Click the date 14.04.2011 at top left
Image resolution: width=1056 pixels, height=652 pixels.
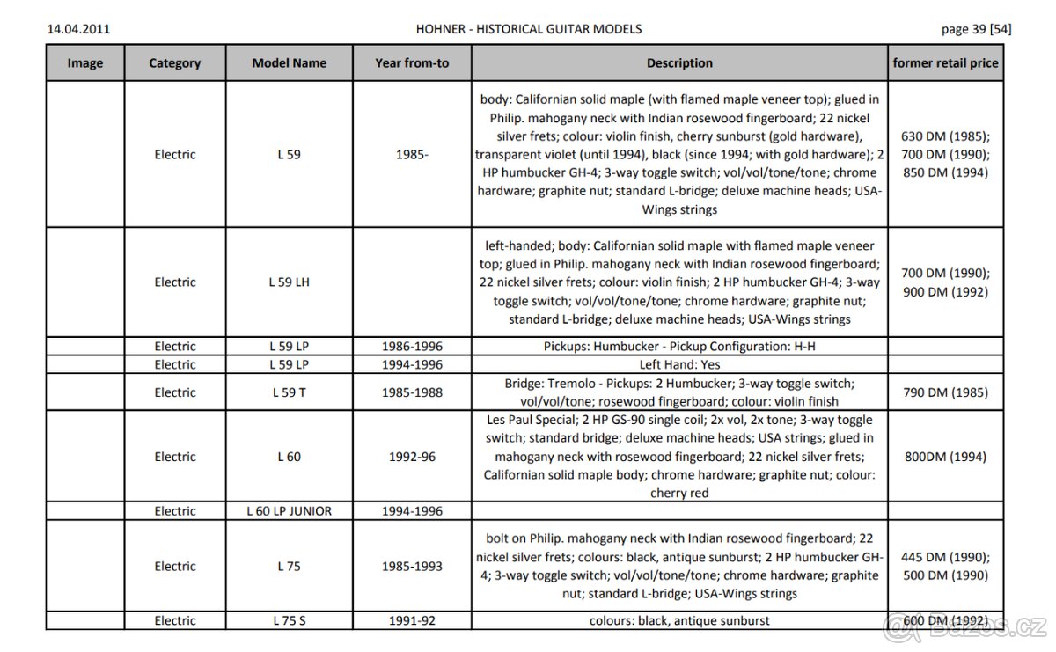(77, 28)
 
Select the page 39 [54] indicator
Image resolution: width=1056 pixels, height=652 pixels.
(976, 28)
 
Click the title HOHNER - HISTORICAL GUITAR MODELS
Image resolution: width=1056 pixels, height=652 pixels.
(528, 28)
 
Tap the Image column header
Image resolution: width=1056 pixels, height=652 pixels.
(85, 63)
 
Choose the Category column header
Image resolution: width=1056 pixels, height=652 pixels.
(175, 63)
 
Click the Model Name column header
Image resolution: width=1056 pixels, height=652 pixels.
(289, 63)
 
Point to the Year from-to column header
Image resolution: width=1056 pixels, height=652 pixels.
(412, 63)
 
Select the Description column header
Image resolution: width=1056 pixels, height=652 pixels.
(679, 63)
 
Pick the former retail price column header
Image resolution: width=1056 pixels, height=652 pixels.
(946, 63)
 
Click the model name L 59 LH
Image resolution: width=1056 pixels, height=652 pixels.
(289, 282)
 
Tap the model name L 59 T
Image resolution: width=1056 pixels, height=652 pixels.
(289, 392)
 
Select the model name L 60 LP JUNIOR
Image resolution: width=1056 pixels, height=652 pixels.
(289, 511)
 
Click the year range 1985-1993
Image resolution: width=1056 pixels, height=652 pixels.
(412, 567)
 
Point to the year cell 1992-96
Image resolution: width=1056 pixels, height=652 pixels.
(412, 457)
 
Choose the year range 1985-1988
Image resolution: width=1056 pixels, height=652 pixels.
(412, 392)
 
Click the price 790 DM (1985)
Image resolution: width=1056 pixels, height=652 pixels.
(946, 392)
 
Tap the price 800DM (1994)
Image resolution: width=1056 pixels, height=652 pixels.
(946, 457)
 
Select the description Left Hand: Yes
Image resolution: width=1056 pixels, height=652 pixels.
(679, 364)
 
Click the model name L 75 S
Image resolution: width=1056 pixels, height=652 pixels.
(289, 620)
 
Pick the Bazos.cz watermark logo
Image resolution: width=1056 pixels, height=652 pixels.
(968, 626)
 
